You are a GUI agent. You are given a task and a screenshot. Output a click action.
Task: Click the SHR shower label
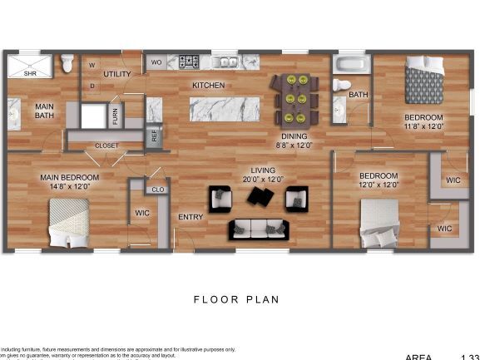tap(30, 73)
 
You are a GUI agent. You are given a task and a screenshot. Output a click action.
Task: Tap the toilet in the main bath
tap(68, 63)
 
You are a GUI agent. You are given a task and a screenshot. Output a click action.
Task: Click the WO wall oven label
tap(156, 62)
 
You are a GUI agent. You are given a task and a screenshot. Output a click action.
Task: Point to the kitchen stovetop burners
tap(190, 62)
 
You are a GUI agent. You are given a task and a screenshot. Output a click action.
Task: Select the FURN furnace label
tap(115, 117)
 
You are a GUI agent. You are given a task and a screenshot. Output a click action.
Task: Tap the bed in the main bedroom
tap(69, 224)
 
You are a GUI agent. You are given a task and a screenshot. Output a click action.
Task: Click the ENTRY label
tap(191, 218)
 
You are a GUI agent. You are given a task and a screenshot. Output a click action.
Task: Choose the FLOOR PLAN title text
tap(236, 299)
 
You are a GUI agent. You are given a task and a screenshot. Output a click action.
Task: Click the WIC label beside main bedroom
tap(142, 213)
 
